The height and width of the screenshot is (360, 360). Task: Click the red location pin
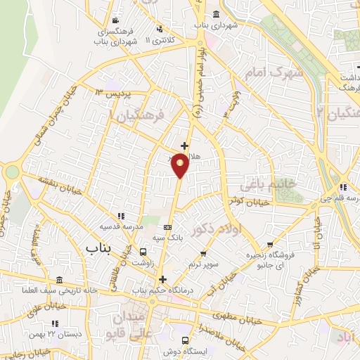click(x=181, y=165)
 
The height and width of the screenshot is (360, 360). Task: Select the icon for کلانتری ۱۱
click(x=160, y=29)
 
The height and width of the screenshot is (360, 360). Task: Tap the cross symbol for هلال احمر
click(x=185, y=146)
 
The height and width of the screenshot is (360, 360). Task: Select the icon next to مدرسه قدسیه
click(x=120, y=216)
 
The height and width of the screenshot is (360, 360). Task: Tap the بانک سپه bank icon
click(x=167, y=227)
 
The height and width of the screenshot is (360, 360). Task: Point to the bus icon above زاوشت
click(x=143, y=252)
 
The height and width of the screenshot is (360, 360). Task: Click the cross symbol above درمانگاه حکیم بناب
click(x=162, y=279)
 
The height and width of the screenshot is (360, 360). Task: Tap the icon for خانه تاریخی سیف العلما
click(x=59, y=280)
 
